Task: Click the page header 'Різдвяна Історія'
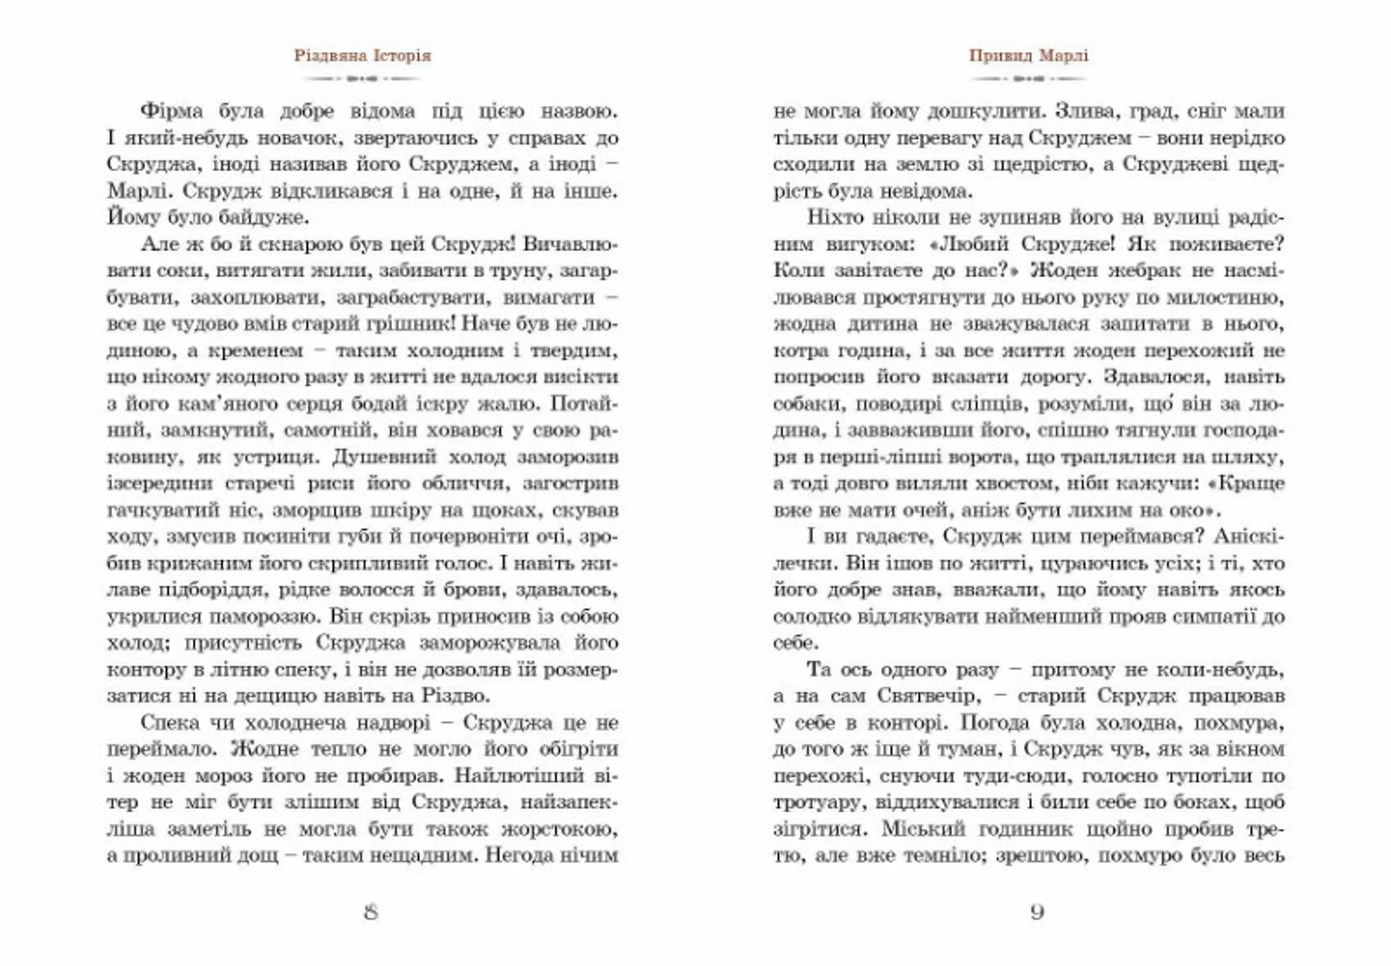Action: (x=362, y=56)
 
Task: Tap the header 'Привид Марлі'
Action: (x=1029, y=56)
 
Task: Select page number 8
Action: (x=371, y=912)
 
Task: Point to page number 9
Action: (x=1037, y=912)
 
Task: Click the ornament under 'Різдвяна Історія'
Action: (x=362, y=78)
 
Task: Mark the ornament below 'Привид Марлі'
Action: (x=1029, y=78)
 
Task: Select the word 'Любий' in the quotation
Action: (x=972, y=244)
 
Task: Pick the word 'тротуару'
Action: (x=819, y=803)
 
